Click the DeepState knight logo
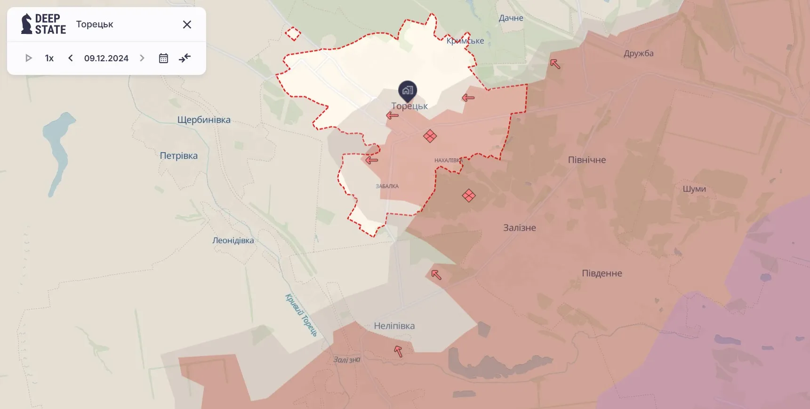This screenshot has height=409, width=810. (x=27, y=24)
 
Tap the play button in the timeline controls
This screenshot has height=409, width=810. (x=29, y=58)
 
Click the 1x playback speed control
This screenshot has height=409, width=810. (x=49, y=58)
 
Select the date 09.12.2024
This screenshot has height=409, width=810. (x=106, y=58)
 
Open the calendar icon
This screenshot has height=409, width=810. (x=163, y=58)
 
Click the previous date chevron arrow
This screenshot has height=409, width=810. (x=71, y=58)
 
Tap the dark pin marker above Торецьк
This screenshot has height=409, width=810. (x=408, y=90)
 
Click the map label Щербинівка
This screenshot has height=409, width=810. (x=204, y=120)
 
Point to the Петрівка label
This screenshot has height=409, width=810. (x=179, y=155)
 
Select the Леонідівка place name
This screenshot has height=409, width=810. (x=233, y=240)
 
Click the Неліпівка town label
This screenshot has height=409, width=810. (x=394, y=326)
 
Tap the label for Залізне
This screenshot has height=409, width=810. (x=520, y=228)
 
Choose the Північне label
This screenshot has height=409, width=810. (x=587, y=160)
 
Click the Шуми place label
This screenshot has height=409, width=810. (x=694, y=189)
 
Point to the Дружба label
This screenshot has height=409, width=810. (x=639, y=53)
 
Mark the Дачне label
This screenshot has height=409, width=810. (x=511, y=18)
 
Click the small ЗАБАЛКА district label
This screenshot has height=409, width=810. (x=387, y=186)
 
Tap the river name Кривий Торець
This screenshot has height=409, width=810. (x=301, y=315)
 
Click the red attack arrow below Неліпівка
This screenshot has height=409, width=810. (x=398, y=351)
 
